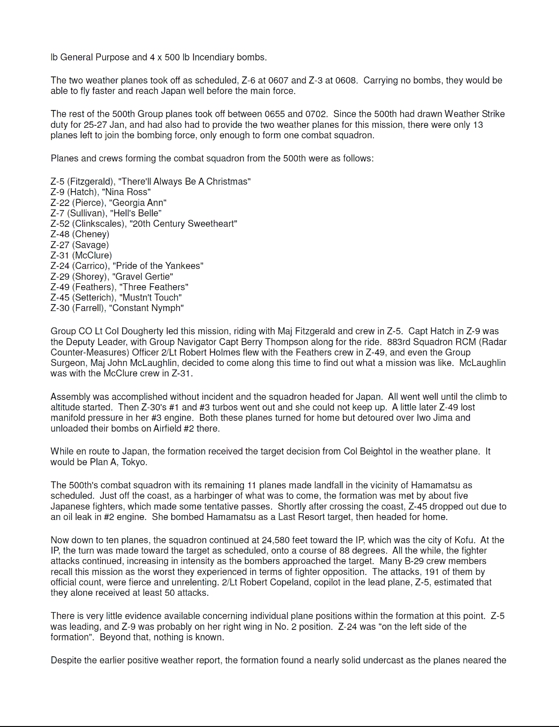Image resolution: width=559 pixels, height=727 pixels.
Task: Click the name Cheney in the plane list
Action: tap(91, 234)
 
